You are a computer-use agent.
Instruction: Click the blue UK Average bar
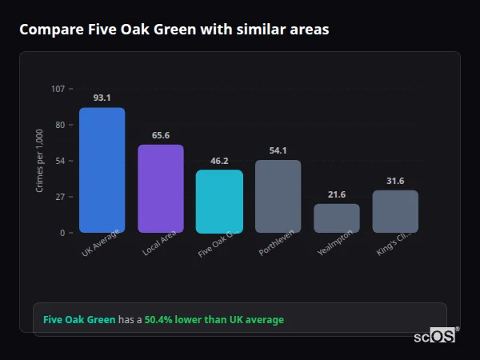click(102, 170)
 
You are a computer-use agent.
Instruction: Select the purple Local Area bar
click(160, 188)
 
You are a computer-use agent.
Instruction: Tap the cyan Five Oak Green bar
click(219, 201)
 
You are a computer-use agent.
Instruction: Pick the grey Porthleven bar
click(278, 196)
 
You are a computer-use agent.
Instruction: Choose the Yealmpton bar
click(336, 218)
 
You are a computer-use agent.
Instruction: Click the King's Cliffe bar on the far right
click(395, 211)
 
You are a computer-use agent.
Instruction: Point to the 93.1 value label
click(102, 98)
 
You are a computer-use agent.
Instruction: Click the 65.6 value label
click(160, 135)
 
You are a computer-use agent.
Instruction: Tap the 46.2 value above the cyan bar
click(219, 161)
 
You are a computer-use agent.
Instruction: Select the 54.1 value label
click(278, 150)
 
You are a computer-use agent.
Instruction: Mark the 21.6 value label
click(336, 194)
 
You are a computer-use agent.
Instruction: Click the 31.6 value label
click(395, 181)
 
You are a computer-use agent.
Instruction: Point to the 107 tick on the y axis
click(58, 89)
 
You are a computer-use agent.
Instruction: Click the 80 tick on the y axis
click(59, 125)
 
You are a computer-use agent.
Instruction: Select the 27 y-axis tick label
click(59, 197)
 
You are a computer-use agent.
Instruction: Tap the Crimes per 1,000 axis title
click(40, 161)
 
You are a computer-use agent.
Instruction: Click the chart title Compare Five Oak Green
click(174, 30)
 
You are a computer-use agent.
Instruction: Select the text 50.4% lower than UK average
click(214, 320)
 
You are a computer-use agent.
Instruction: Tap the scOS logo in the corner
click(435, 336)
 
